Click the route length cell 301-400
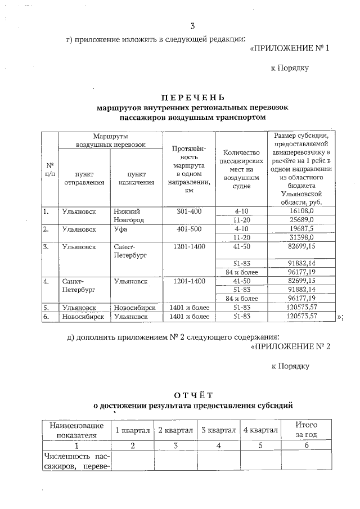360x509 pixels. click(x=189, y=211)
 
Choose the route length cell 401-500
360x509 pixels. click(x=189, y=229)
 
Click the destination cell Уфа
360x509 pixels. click(x=120, y=229)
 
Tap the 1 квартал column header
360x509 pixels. click(x=132, y=430)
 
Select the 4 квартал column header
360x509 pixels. click(x=261, y=430)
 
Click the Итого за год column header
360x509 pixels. click(x=306, y=430)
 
